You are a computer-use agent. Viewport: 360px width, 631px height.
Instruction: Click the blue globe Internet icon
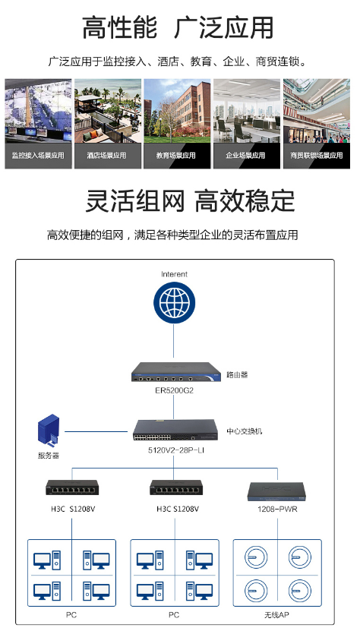[x=174, y=303]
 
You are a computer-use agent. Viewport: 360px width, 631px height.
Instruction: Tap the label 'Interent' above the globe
[x=174, y=274]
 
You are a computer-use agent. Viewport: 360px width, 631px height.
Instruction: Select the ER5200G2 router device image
[x=176, y=372]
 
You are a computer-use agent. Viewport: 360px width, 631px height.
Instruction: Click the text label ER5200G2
[x=175, y=390]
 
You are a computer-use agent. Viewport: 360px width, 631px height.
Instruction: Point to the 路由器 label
[x=237, y=374]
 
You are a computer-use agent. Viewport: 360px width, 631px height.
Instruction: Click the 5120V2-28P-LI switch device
[x=175, y=431]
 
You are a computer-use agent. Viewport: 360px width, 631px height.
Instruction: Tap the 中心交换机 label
[x=245, y=431]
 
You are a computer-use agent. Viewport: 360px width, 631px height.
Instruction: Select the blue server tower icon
[x=49, y=431]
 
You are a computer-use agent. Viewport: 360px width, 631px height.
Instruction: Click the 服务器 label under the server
[x=49, y=456]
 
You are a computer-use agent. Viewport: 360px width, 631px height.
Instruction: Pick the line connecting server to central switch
[x=96, y=431]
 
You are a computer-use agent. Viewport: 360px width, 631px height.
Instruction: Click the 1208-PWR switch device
[x=277, y=491]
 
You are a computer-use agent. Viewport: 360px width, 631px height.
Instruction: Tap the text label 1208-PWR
[x=277, y=509]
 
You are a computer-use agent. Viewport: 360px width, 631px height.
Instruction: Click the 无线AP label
[x=276, y=614]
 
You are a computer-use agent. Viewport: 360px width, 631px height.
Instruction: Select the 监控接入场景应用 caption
[x=38, y=156]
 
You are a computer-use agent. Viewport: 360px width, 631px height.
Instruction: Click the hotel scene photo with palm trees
[x=108, y=111]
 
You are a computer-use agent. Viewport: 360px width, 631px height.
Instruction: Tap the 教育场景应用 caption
[x=176, y=156]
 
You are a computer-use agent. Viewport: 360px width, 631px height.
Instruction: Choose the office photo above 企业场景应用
[x=247, y=111]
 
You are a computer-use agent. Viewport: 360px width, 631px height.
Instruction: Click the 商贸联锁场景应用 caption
[x=317, y=156]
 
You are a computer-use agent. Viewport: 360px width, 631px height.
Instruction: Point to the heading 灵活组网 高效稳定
[x=190, y=200]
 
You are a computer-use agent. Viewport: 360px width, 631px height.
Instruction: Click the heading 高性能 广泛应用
[x=178, y=28]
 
